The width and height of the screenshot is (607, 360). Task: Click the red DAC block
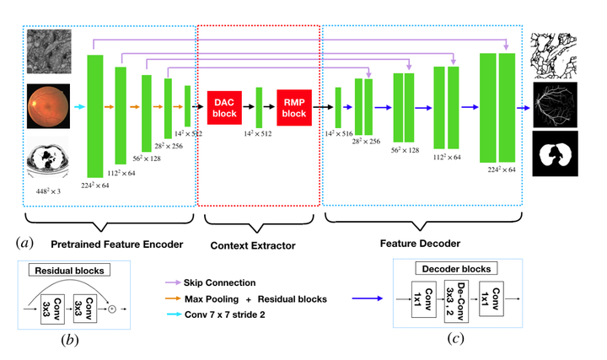(225, 107)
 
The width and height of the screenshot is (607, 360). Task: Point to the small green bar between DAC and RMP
(259, 107)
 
